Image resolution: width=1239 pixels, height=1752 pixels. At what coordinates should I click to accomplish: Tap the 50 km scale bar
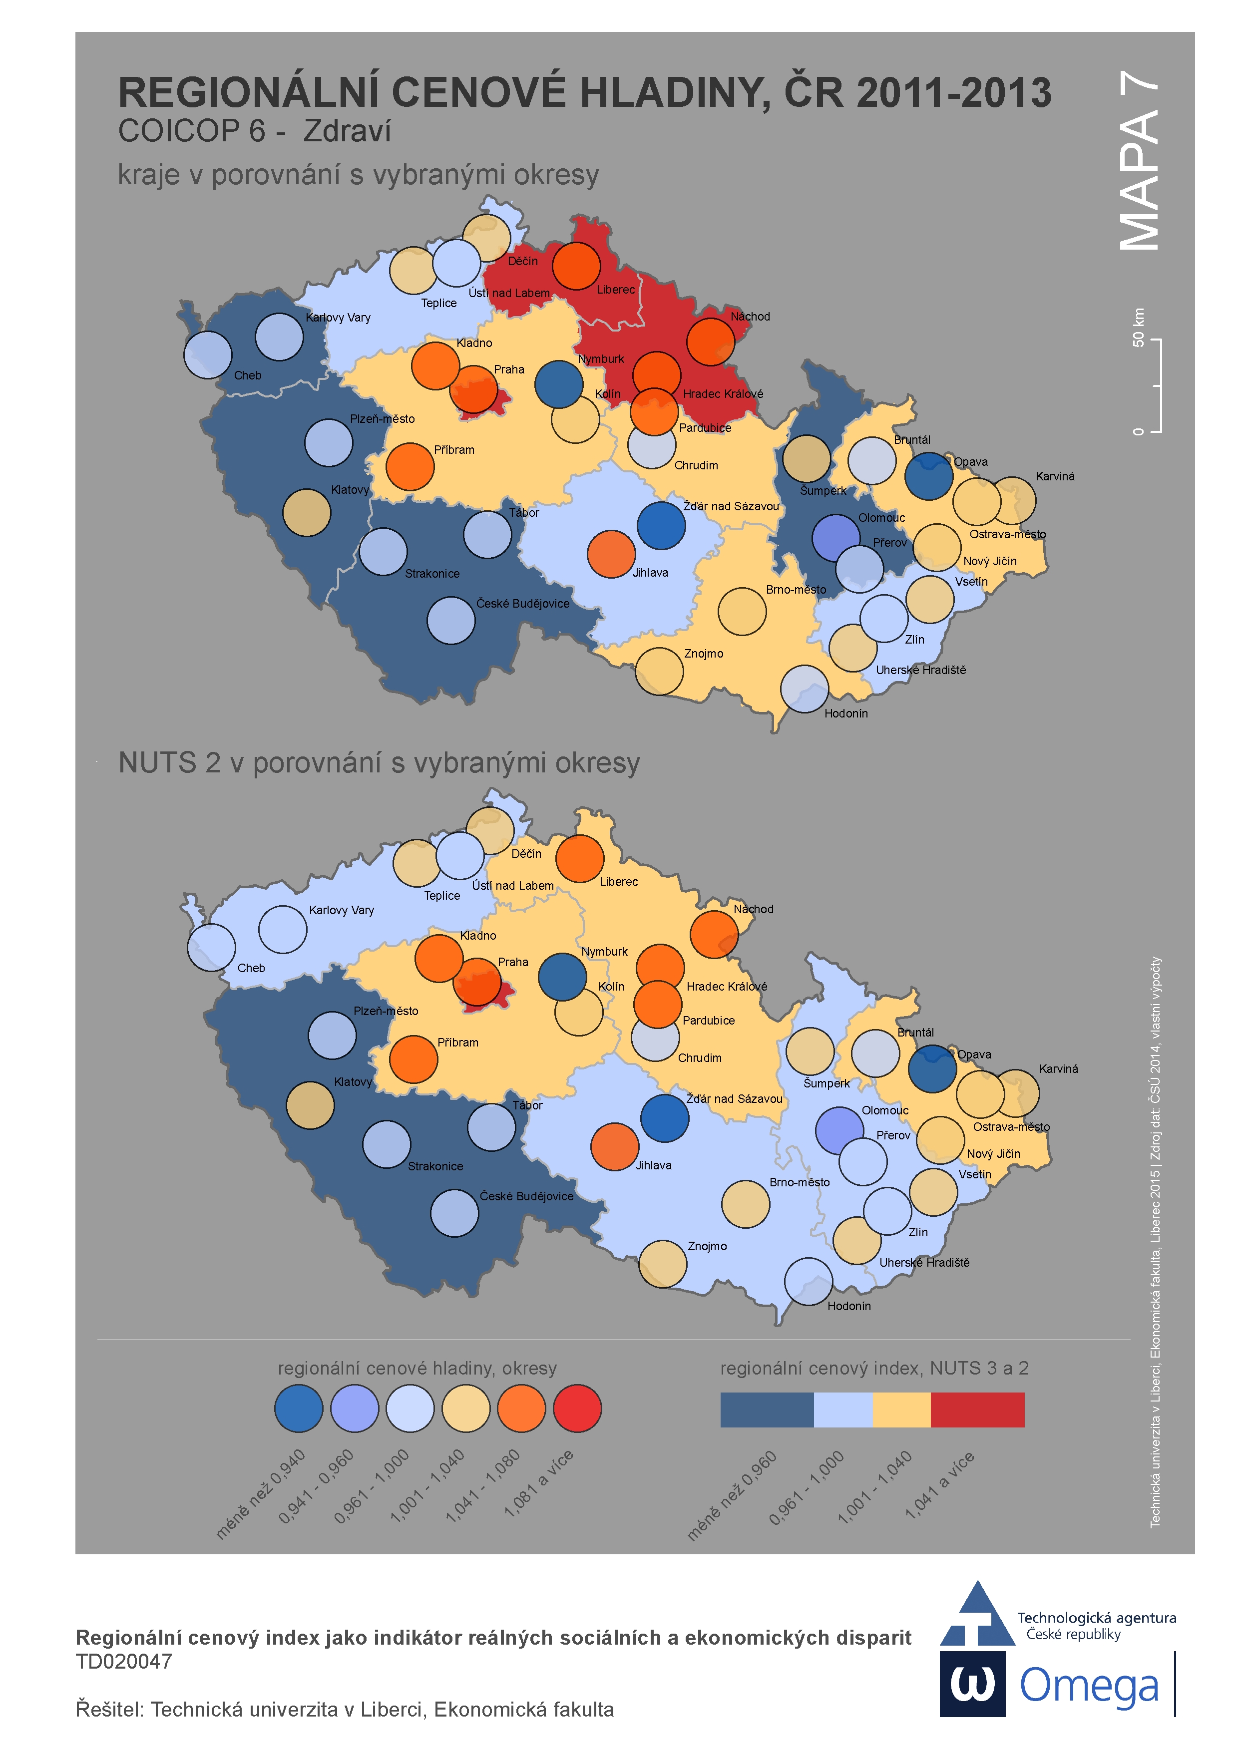click(1157, 385)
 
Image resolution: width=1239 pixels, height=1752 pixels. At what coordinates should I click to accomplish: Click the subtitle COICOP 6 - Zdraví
click(254, 131)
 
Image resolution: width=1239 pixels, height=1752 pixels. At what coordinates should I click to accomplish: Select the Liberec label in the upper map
click(615, 290)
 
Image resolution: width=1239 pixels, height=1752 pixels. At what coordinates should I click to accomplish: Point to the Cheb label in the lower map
click(251, 968)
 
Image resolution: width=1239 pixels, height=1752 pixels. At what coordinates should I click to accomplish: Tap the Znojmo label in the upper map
click(703, 654)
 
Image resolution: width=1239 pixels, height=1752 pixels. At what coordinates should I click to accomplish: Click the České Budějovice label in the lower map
click(526, 1196)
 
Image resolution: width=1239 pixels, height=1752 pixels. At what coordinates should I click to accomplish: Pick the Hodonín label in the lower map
click(849, 1306)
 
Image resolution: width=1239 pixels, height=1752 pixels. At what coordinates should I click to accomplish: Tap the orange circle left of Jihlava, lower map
click(615, 1147)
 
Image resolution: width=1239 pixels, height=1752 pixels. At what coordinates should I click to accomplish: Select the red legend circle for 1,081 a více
click(577, 1408)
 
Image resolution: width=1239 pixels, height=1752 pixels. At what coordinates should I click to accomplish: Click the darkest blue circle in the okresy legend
click(299, 1408)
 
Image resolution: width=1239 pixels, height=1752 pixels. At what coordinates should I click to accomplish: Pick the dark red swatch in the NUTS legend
click(977, 1409)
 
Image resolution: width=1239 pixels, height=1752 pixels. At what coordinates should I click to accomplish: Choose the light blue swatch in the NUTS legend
click(843, 1409)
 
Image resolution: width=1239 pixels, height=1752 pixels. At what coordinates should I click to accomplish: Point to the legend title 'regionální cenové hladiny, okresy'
click(417, 1368)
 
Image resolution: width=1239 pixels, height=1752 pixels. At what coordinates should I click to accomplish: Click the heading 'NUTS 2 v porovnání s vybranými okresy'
click(379, 763)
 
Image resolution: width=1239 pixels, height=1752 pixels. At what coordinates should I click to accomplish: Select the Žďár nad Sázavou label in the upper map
click(731, 507)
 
